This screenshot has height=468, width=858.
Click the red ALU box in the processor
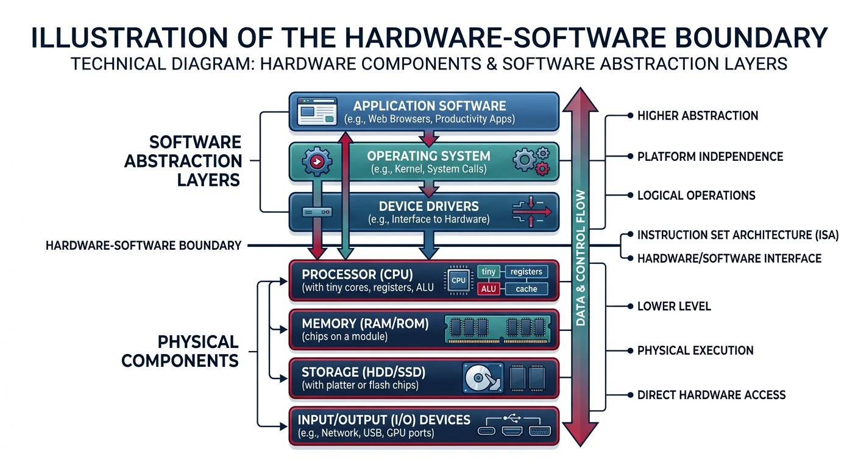(488, 289)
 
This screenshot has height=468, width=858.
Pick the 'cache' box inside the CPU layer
(526, 289)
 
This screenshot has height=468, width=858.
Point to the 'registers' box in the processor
(526, 272)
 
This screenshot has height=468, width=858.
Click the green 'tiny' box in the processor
(488, 272)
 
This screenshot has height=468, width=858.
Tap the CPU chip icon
(458, 280)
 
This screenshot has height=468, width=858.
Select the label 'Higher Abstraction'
(697, 116)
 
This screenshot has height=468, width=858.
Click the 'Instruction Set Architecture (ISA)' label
(737, 235)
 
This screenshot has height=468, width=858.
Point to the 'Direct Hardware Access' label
(711, 395)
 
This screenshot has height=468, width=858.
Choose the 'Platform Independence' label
(710, 157)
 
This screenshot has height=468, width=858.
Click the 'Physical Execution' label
(695, 350)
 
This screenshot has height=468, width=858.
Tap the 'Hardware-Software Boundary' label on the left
(143, 246)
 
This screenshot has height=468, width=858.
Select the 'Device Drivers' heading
(428, 206)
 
